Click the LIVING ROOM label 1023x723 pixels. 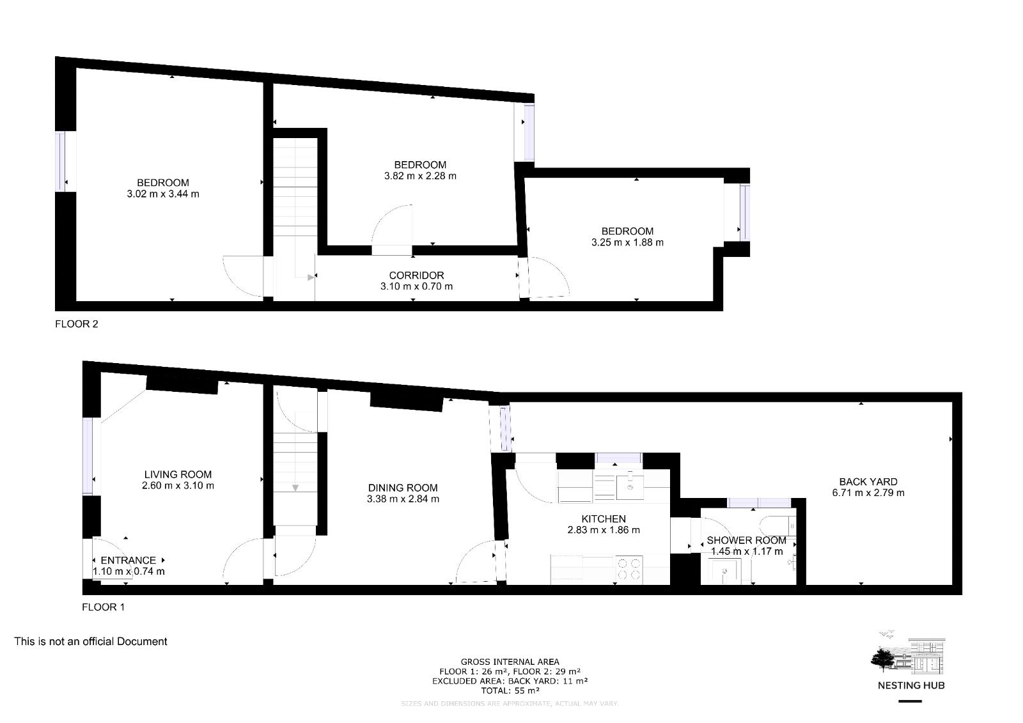(178, 474)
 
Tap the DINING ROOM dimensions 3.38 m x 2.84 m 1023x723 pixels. (403, 499)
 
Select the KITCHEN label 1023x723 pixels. (604, 518)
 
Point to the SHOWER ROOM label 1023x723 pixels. (746, 540)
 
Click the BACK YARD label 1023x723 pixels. (868, 481)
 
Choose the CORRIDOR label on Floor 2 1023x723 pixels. (416, 276)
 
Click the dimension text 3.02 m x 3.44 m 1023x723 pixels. (163, 194)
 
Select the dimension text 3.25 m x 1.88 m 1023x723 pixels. (627, 242)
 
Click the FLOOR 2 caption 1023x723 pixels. (77, 323)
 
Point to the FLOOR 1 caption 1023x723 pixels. (104, 607)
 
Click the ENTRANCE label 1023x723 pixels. (128, 560)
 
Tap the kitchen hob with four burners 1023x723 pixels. (629, 570)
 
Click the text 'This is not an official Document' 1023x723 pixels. (91, 641)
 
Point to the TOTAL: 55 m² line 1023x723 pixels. (510, 690)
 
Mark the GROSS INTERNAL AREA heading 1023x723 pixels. (510, 662)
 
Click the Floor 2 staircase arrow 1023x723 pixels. (311, 277)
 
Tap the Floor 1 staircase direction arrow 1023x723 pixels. (295, 488)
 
